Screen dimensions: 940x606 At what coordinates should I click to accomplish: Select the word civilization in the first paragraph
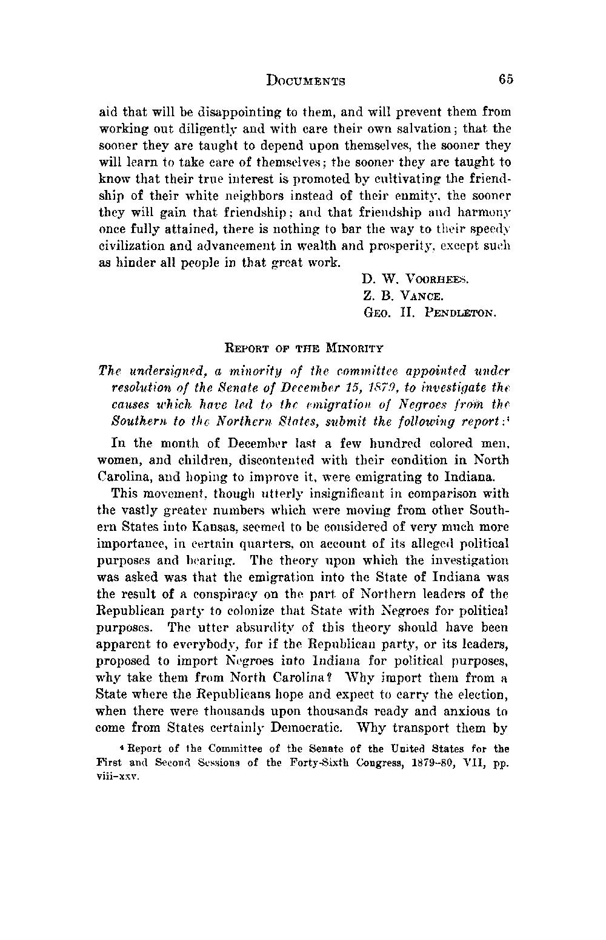pyautogui.click(x=128, y=246)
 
